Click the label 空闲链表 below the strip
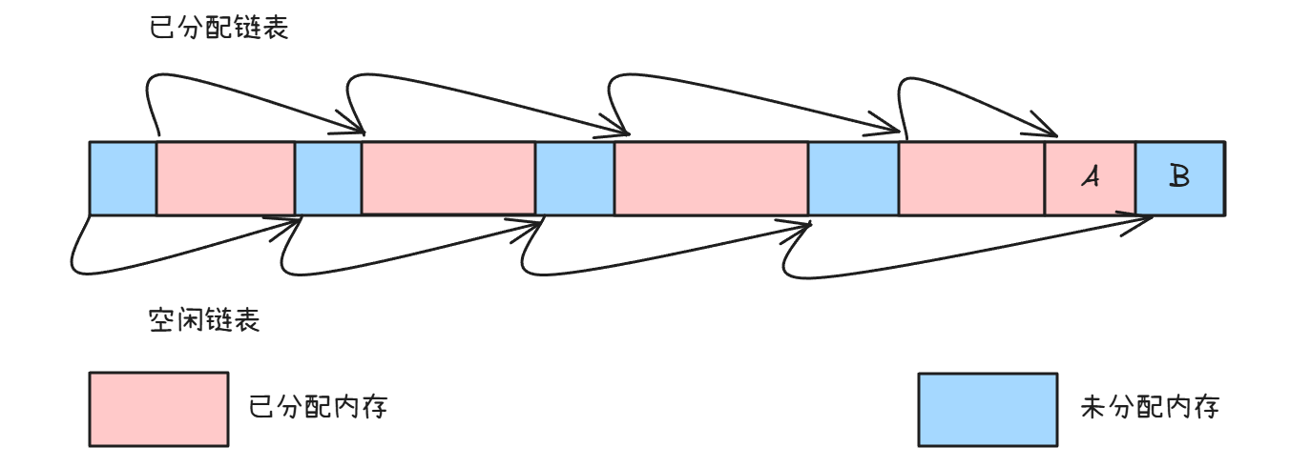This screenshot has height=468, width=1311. [204, 320]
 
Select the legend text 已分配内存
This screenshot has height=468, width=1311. [318, 408]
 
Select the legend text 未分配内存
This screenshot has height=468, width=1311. [1150, 408]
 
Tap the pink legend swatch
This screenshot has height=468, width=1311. [158, 409]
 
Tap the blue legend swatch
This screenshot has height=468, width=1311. [988, 409]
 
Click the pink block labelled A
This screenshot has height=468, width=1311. [1090, 178]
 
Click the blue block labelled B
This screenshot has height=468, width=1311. [1179, 178]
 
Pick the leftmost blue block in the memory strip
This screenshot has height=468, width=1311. [123, 178]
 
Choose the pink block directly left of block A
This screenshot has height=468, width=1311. [971, 178]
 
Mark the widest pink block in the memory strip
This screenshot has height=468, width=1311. [711, 178]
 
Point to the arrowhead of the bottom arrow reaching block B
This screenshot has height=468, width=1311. [1149, 221]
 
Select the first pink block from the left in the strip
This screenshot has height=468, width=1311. [225, 178]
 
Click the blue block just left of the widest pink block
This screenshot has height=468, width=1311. [574, 178]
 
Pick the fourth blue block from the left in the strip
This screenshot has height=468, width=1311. [853, 178]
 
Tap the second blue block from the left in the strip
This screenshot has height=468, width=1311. [328, 178]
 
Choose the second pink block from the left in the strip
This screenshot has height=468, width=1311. [447, 178]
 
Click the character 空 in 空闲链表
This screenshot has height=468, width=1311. [162, 320]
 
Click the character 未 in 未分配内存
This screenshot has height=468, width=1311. [1093, 408]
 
